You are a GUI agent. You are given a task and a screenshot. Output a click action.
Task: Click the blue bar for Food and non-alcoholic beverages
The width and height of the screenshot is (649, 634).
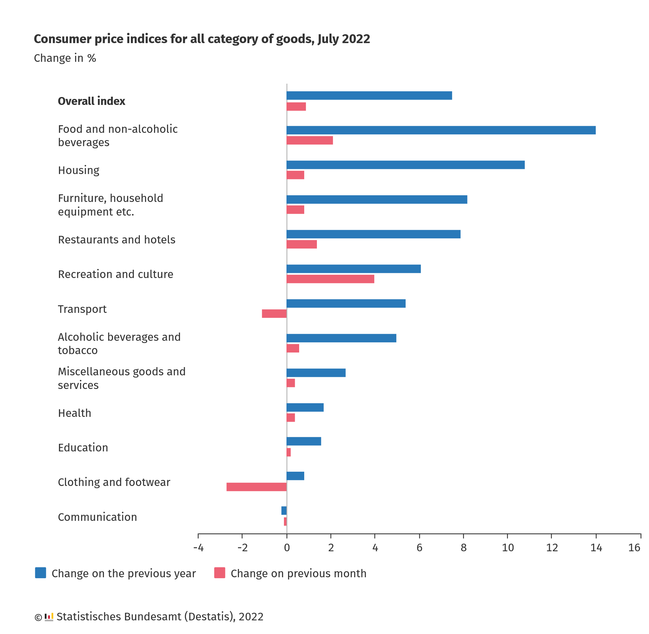coord(441,130)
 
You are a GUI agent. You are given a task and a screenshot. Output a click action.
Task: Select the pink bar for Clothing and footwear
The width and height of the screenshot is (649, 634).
coord(256,487)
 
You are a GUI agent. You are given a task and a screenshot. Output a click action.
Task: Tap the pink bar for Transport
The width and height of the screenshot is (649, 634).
coord(274,313)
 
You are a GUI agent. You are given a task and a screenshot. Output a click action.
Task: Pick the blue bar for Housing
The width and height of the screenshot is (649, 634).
coord(405,165)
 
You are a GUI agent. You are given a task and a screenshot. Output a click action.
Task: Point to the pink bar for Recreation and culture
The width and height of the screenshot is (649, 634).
coord(330,279)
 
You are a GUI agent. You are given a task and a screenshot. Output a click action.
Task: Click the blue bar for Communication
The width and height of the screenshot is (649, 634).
coord(284,510)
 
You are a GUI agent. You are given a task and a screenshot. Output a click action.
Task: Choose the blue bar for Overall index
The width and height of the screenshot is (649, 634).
coord(369,95)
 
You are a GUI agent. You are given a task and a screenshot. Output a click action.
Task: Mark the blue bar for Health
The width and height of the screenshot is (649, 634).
coord(305,407)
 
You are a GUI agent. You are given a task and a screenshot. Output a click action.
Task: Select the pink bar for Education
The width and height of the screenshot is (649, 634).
coord(289,452)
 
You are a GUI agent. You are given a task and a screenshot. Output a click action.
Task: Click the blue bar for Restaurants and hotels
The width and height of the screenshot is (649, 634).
coord(373,234)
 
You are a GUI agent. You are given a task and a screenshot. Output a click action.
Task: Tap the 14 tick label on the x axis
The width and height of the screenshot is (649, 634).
coord(596,548)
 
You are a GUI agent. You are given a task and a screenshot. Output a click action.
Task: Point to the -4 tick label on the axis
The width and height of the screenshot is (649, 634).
coord(198,548)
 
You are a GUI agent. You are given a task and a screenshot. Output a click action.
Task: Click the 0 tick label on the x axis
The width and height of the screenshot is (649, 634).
coord(286,548)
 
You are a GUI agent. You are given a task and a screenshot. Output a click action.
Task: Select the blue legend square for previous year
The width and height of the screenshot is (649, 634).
coord(41,573)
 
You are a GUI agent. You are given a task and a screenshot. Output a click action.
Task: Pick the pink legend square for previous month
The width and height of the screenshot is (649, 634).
coord(220,573)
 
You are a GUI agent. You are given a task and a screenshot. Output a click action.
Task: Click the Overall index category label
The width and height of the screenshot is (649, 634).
coord(92,101)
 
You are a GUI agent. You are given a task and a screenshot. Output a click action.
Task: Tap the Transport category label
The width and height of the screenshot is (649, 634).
coord(82,309)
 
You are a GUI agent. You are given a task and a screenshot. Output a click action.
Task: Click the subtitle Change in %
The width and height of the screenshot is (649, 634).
coord(65,58)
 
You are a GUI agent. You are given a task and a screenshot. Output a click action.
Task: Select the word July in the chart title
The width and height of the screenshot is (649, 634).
coord(328,39)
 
